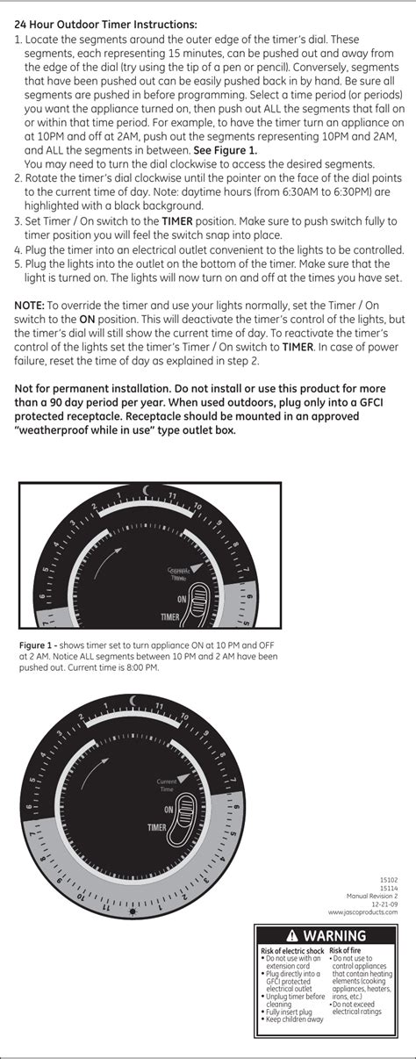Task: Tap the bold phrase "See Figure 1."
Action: (226, 150)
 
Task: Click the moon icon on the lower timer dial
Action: (133, 699)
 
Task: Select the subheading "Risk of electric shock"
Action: (293, 951)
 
